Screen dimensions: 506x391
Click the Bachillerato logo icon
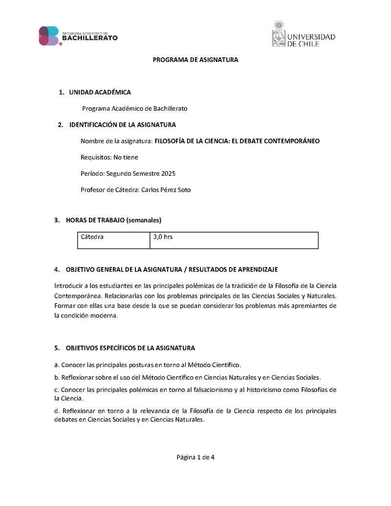[49, 36]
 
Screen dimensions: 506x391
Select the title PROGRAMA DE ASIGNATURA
[195, 60]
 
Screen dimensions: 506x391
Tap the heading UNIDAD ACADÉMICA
[100, 92]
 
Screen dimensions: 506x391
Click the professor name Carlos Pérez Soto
[166, 190]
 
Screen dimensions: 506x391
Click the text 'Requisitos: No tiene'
[109, 157]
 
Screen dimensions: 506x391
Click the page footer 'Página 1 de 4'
[195, 458]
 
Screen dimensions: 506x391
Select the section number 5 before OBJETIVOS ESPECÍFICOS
[56, 348]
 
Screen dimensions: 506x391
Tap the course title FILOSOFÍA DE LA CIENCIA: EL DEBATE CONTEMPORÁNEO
[237, 141]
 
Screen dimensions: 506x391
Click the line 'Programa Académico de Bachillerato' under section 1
[134, 109]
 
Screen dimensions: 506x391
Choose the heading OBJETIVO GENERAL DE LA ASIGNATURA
[125, 269]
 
